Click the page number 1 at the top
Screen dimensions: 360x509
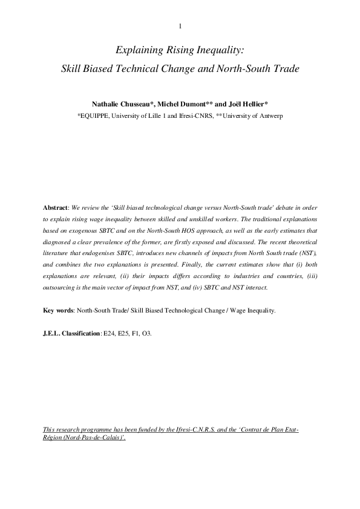(180, 25)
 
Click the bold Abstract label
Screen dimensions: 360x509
(56, 207)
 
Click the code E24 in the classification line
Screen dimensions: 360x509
(109, 332)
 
